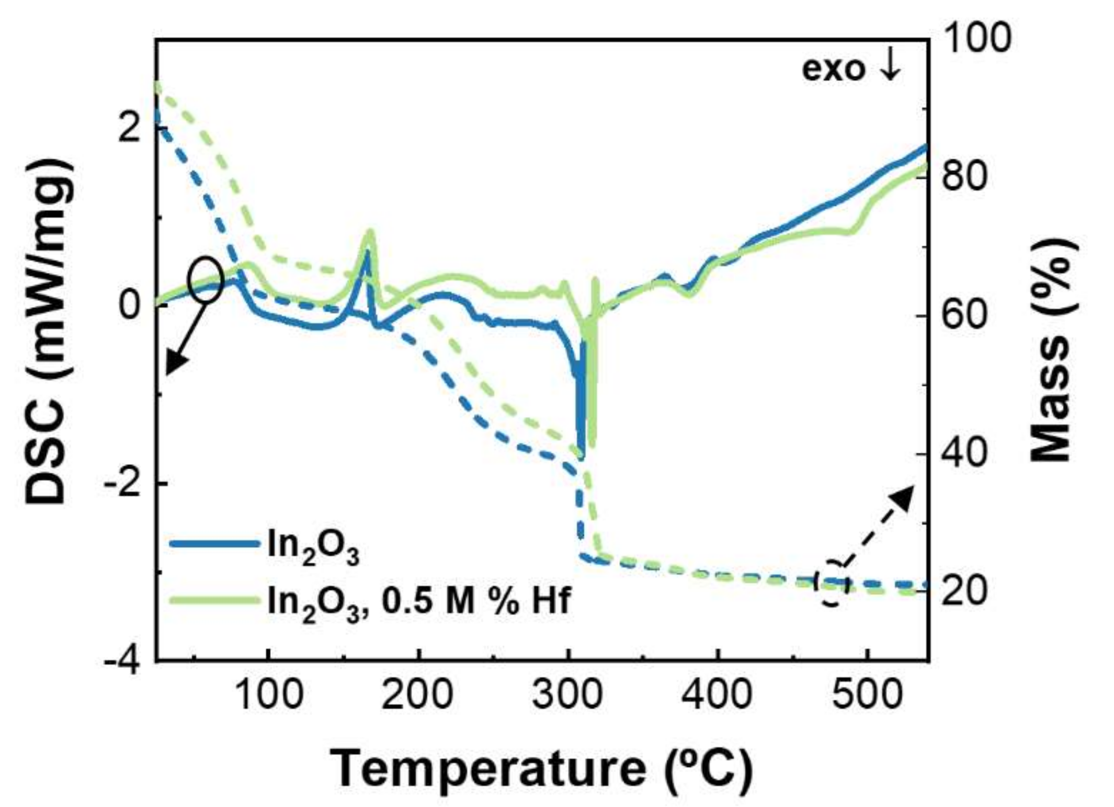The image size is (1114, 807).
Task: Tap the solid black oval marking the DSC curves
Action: [206, 281]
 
